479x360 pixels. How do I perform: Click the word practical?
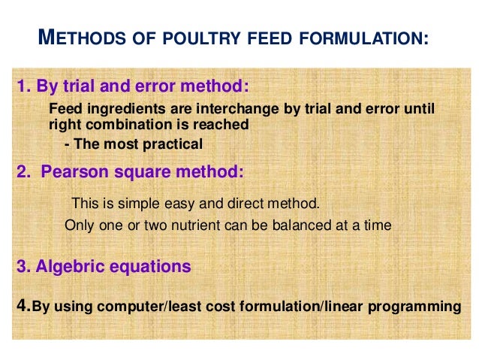[170, 143]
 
